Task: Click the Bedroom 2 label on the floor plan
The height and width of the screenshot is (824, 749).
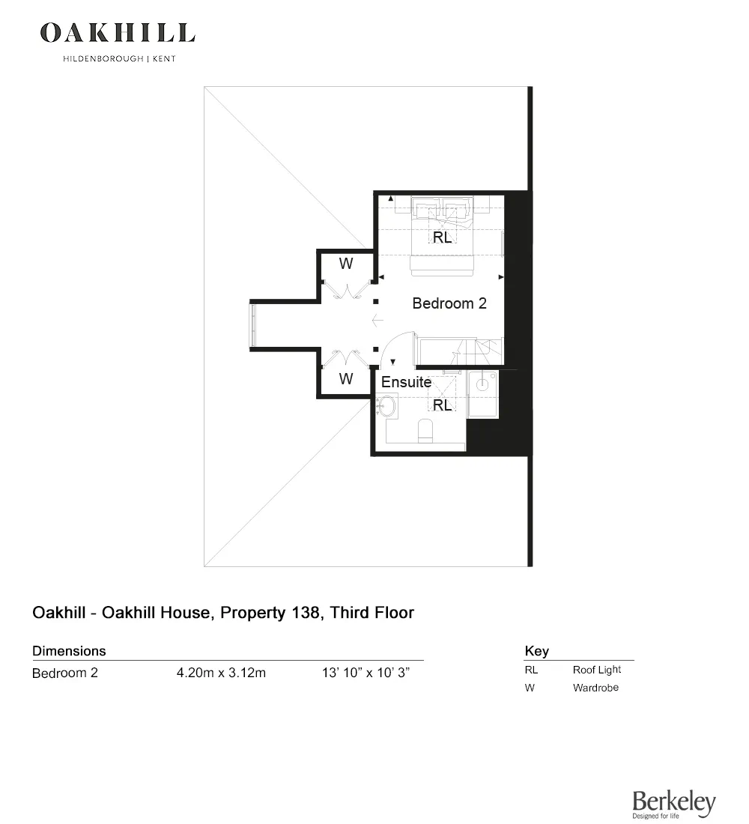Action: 449,303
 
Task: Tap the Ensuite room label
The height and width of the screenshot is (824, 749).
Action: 406,382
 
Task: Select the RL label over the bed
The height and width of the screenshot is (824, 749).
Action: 442,237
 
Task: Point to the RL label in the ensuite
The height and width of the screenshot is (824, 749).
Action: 442,405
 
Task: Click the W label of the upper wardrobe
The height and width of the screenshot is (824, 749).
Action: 346,264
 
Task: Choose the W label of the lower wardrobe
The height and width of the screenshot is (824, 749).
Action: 346,378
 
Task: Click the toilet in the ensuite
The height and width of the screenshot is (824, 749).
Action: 425,431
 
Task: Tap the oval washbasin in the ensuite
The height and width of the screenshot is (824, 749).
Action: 386,406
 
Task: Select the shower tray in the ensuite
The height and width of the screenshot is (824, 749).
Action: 483,393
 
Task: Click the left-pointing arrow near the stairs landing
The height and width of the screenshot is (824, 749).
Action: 377,320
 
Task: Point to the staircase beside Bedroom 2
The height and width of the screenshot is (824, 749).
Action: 461,351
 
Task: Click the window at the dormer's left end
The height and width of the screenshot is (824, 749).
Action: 253,325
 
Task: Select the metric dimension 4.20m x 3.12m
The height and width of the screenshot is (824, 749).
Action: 221,673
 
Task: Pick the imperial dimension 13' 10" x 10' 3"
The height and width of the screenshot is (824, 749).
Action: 366,673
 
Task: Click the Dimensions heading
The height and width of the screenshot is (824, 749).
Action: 69,651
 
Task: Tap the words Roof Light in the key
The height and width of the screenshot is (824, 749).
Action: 596,670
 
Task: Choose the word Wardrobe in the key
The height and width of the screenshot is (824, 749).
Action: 595,688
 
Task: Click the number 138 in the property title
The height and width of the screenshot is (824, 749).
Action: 304,613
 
